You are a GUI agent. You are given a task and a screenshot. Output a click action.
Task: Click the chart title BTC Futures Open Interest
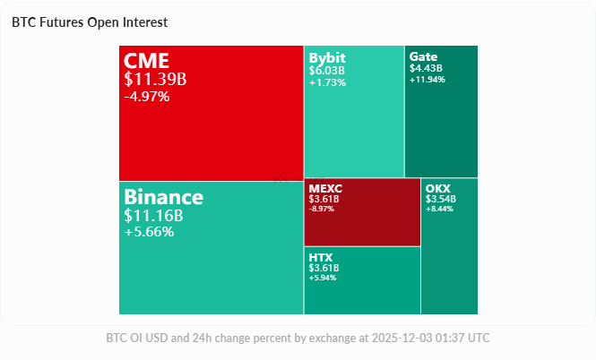coord(90,21)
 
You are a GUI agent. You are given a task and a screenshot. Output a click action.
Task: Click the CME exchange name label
coord(146,61)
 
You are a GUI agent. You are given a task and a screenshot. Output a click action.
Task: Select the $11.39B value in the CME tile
coord(155,79)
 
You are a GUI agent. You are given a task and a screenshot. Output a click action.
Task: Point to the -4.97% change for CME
coord(147,96)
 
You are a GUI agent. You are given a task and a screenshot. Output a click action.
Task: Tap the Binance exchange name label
coord(164,197)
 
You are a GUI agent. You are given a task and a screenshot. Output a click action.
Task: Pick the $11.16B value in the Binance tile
coord(153,215)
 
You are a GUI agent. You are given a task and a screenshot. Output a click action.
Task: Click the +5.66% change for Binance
coord(149,231)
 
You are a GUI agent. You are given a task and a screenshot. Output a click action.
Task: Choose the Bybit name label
coord(327,57)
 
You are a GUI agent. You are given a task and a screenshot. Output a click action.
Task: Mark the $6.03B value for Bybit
coord(327,70)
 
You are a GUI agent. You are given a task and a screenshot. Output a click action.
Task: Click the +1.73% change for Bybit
coord(327,81)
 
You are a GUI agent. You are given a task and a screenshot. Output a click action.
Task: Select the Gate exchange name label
coord(424,56)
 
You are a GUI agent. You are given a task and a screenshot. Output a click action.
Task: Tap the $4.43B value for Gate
coord(426,67)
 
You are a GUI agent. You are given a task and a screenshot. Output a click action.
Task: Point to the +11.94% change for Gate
coord(428,79)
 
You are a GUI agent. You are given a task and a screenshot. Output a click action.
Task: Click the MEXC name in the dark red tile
coord(325,188)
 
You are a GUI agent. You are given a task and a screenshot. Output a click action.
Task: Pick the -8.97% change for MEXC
coord(323,209)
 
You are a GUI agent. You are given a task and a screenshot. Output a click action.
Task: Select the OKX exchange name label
coord(438,188)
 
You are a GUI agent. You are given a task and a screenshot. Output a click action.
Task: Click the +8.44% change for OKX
coord(440,209)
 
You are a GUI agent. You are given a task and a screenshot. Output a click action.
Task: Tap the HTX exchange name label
coord(321,257)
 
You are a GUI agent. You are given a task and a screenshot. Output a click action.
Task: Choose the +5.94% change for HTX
coord(323,278)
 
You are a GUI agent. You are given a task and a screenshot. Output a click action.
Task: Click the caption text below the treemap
coord(298,338)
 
